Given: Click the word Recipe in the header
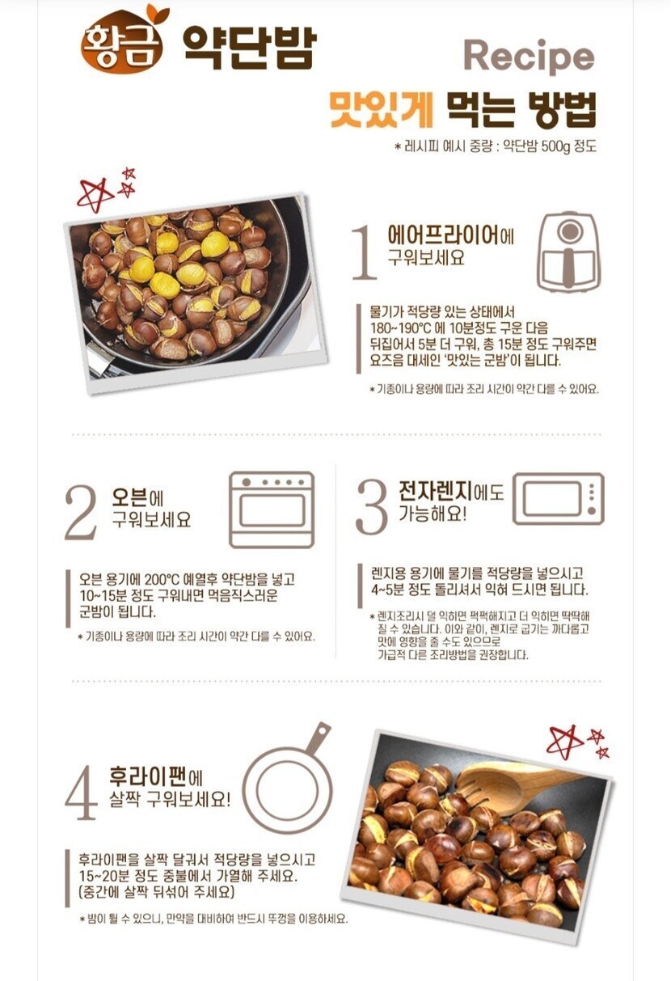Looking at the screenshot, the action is tap(530, 57).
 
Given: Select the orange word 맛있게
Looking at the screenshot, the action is tap(382, 109).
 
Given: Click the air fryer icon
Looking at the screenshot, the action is tap(568, 252).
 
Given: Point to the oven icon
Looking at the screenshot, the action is tap(272, 510).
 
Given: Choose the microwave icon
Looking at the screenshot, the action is tap(558, 499).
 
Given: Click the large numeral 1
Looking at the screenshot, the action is tap(365, 252).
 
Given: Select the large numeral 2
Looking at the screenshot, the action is tap(81, 512).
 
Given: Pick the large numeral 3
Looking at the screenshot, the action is tap(372, 507).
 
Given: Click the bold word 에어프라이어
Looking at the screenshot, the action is tap(443, 235).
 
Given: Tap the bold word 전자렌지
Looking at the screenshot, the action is tap(436, 490).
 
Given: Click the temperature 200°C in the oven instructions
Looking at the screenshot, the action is tap(162, 579).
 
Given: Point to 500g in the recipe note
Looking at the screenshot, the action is tap(555, 146).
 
